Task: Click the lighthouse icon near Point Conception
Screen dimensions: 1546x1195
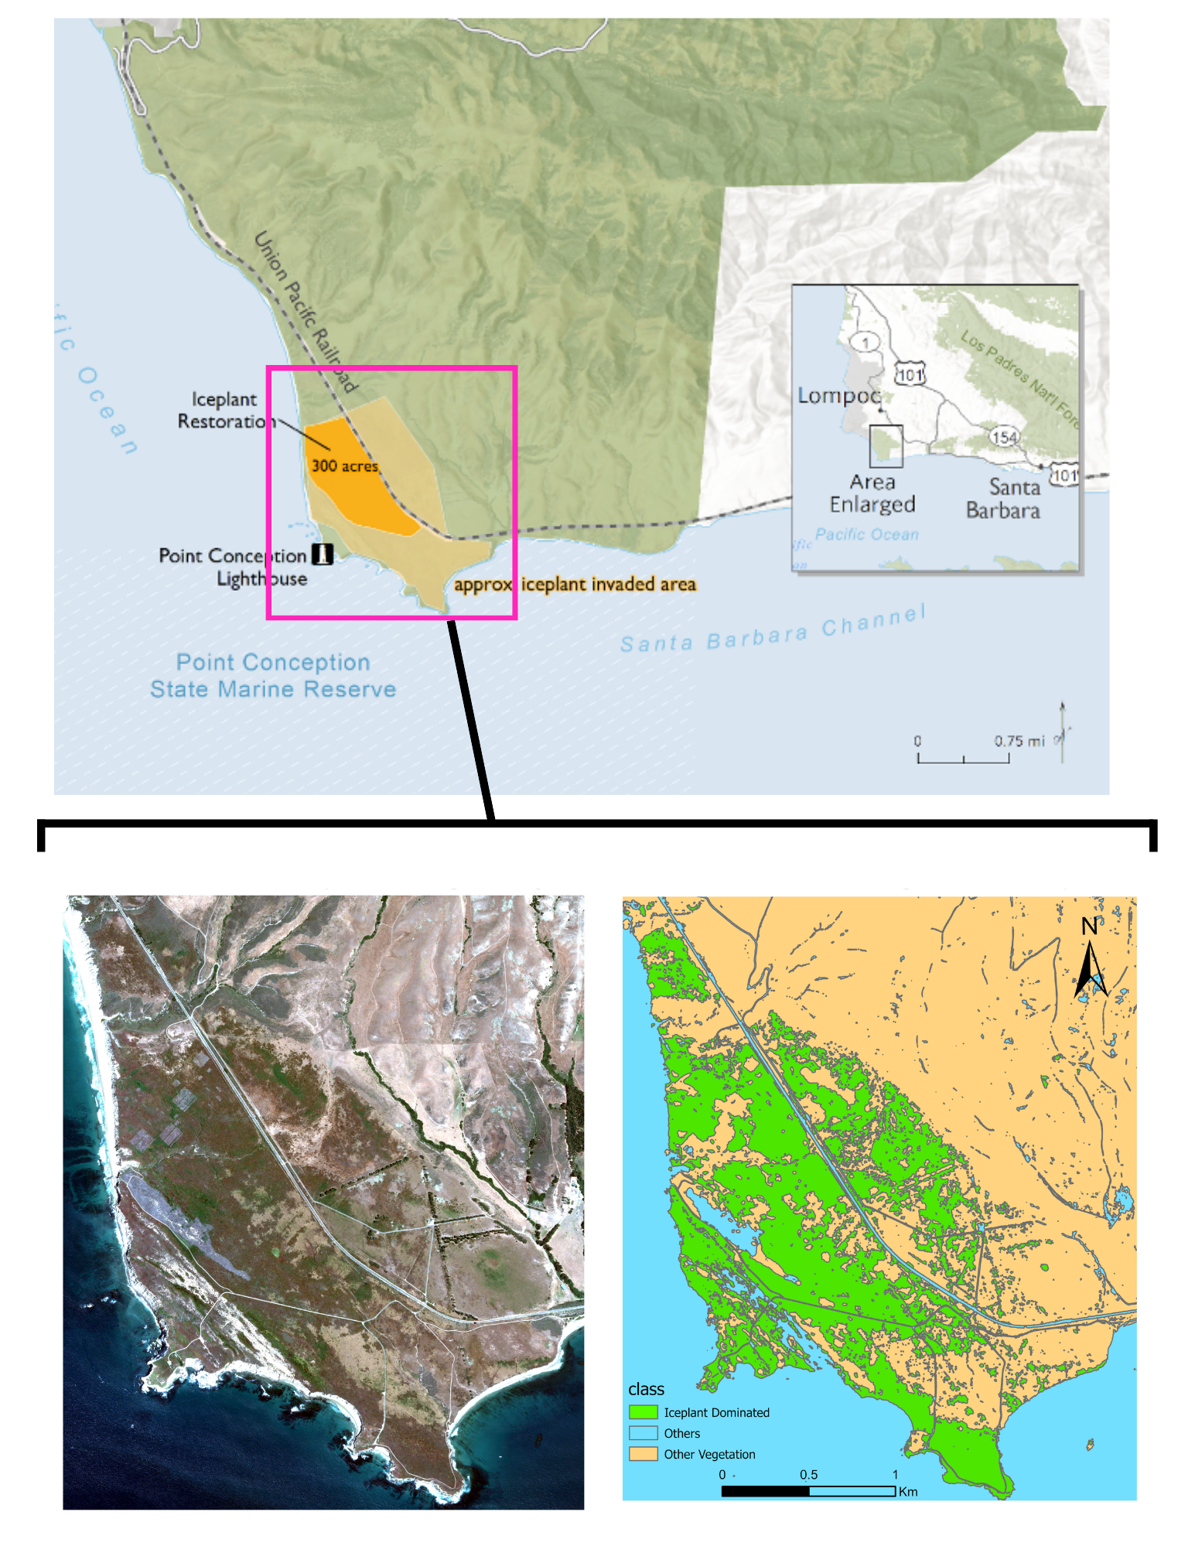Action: (x=322, y=554)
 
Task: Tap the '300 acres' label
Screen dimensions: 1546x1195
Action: (x=344, y=466)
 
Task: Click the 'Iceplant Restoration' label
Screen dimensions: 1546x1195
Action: (x=224, y=411)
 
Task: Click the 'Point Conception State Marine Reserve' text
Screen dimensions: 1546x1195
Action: (x=273, y=676)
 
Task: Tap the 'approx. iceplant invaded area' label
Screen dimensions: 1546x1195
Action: (x=575, y=585)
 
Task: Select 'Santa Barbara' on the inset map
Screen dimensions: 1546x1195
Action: (x=1003, y=499)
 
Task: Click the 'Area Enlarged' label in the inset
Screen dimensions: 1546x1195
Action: (x=872, y=493)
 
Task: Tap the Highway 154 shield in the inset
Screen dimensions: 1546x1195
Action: (x=1004, y=437)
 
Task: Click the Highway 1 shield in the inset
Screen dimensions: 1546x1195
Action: (x=866, y=343)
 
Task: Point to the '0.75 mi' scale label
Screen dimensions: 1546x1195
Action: (x=1019, y=741)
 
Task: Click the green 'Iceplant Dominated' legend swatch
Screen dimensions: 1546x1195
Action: (x=643, y=1412)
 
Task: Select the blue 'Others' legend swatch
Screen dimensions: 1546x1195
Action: (x=643, y=1433)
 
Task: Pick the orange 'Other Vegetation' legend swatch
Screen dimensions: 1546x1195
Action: (x=643, y=1454)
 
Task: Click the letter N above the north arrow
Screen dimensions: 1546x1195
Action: (x=1089, y=927)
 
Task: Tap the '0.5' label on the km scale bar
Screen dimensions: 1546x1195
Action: (x=808, y=1475)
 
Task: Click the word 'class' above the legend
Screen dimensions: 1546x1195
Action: (x=646, y=1389)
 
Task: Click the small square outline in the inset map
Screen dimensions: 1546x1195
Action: (x=886, y=446)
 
